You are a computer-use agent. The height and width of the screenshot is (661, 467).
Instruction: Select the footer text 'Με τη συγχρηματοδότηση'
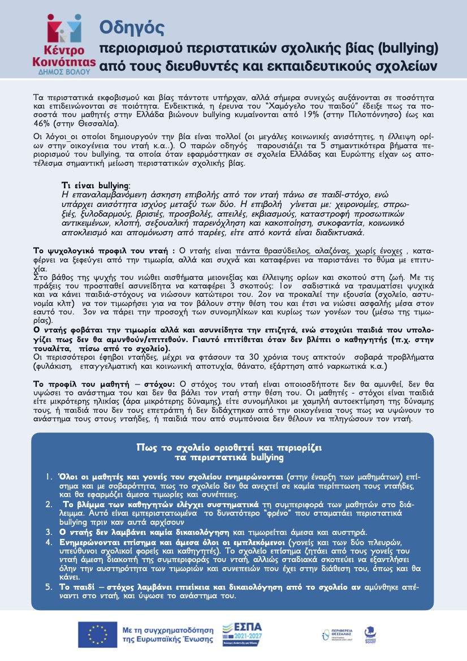(167, 629)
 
